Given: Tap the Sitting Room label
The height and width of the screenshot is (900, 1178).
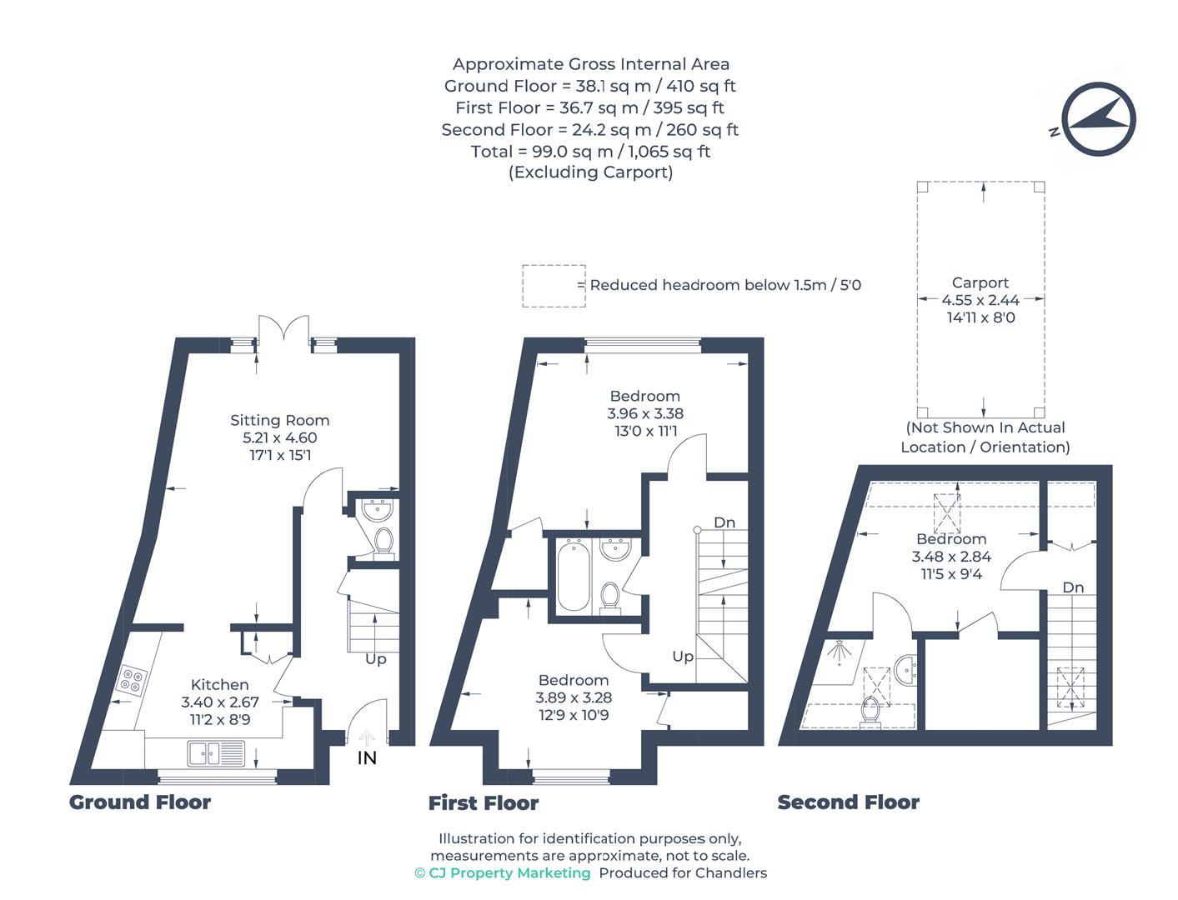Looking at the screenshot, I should tap(279, 420).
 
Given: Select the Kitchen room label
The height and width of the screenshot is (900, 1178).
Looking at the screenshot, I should tap(219, 684).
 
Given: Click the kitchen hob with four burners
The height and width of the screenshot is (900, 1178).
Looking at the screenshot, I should tap(131, 679).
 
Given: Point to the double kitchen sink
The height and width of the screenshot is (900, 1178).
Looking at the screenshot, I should tap(216, 753).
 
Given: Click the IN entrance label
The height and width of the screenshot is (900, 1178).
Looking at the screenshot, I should tap(367, 757).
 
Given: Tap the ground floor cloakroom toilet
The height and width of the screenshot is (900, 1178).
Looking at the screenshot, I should tap(383, 541).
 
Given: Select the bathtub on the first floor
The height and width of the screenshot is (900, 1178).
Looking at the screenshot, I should tap(574, 575).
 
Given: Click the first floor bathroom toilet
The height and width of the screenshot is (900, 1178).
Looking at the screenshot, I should tap(610, 597).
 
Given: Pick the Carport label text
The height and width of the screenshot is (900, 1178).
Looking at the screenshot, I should tap(980, 282).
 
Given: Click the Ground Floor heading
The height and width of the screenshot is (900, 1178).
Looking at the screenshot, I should tap(140, 802).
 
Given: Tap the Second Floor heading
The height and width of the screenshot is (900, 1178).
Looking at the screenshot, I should tap(848, 802).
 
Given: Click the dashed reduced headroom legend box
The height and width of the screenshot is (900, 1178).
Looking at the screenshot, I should tap(554, 286).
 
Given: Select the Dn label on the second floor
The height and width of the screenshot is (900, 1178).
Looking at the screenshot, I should tap(1073, 587).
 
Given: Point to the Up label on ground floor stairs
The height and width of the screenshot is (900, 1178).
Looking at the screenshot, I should tap(376, 658).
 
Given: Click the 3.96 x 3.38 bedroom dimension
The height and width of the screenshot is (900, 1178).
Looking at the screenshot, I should tap(644, 413).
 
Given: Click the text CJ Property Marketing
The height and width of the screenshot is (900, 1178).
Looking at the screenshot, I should tap(509, 872).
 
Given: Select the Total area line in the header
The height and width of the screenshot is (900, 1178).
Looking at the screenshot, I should tap(590, 151).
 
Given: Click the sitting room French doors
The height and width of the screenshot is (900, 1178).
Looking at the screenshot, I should tap(283, 328).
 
